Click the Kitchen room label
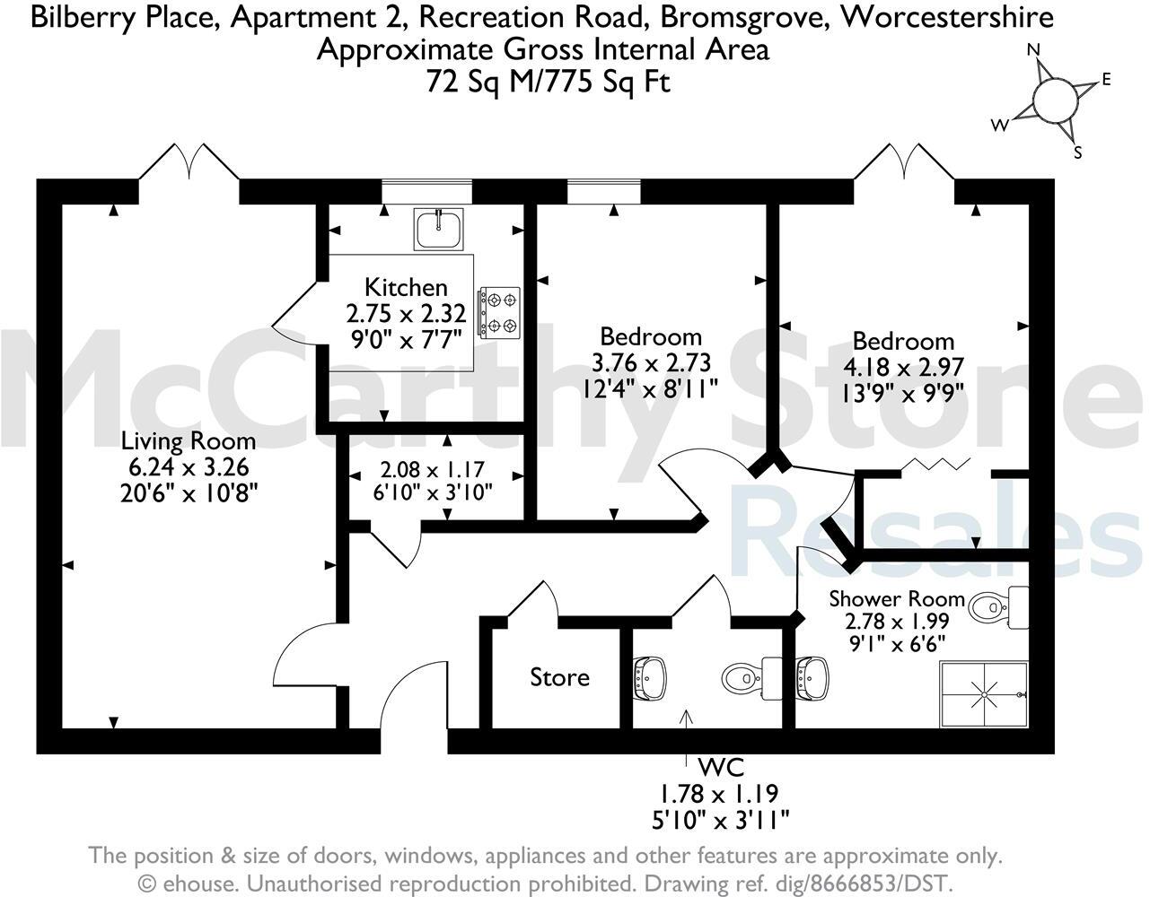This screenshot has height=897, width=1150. pos(406,287)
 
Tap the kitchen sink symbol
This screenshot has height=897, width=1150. pos(438,229)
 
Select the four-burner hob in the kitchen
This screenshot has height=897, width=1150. pos(500,312)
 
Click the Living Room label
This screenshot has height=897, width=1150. pos(189,441)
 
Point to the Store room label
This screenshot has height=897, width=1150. pos(559,677)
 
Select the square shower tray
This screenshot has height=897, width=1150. pos(984,694)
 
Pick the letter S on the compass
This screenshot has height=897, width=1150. pos(1078,152)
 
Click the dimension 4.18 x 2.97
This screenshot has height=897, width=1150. pos(903,367)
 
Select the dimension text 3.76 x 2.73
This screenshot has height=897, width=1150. pos(651,362)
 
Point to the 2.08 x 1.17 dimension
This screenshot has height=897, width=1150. pos(433,469)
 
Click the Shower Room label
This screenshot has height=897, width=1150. pos(896,598)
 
